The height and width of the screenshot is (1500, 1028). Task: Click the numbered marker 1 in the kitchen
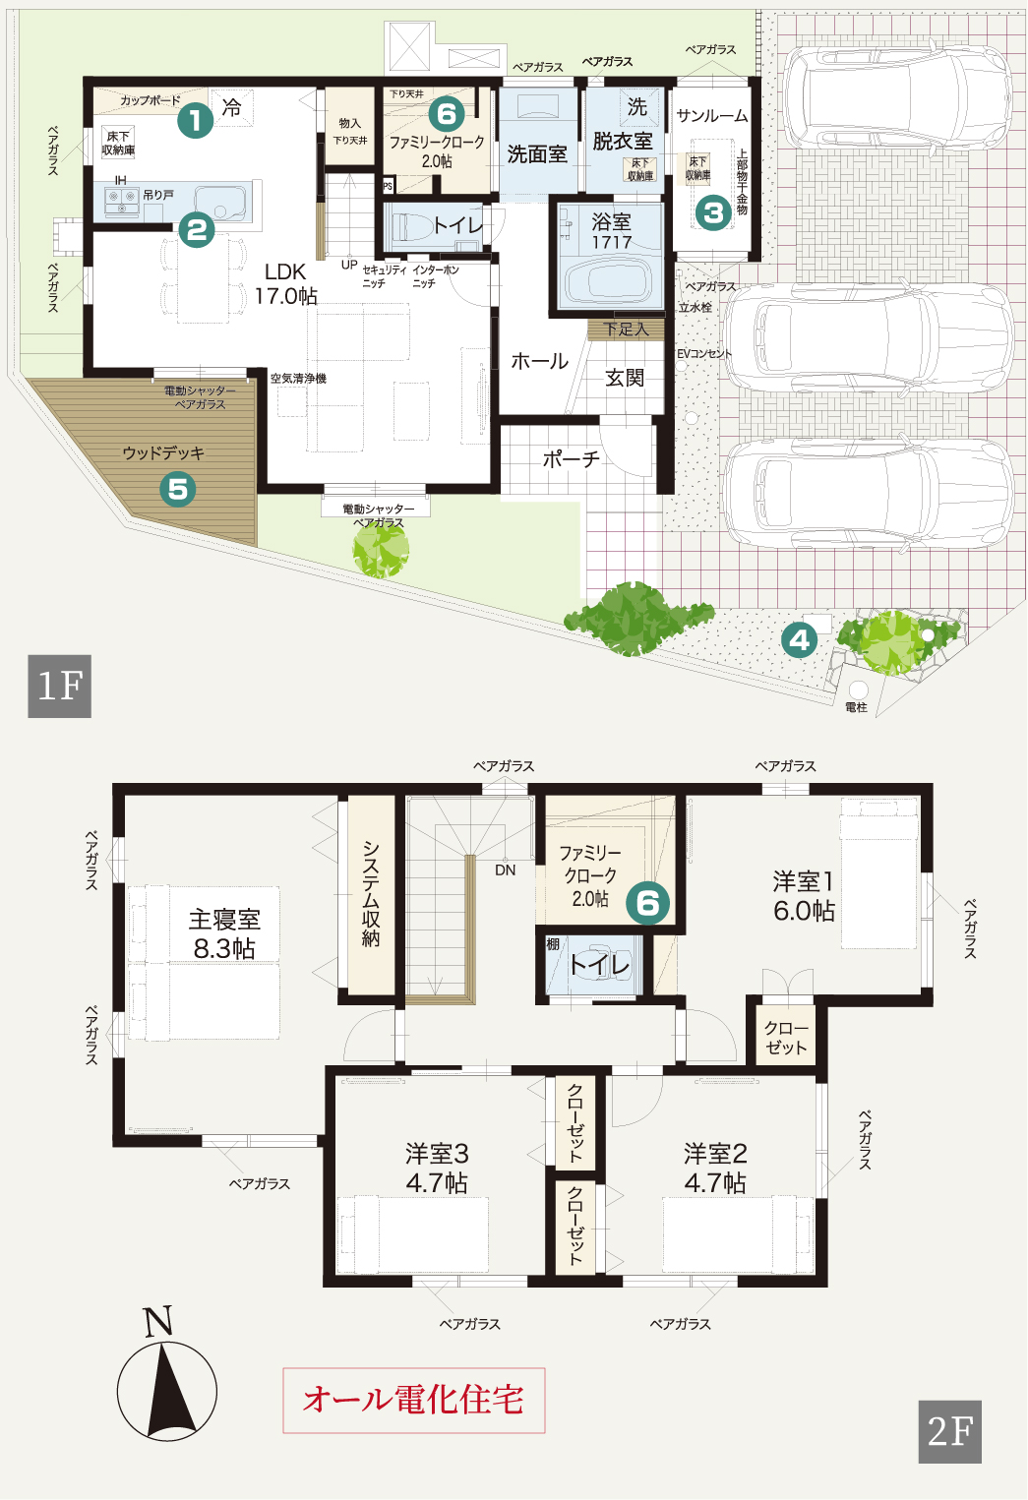tap(195, 121)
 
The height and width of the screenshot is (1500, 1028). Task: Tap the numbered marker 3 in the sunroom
tap(713, 212)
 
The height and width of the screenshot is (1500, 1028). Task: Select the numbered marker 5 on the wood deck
tap(178, 490)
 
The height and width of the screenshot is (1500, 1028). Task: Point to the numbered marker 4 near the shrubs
tap(800, 640)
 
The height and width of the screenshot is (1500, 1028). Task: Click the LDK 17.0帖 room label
tap(286, 283)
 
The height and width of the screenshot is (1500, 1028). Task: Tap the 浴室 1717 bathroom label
tap(612, 231)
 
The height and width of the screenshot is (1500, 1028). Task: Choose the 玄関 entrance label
tap(625, 378)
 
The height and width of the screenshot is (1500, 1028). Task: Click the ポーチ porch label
tap(571, 459)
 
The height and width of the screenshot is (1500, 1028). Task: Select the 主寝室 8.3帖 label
tap(223, 933)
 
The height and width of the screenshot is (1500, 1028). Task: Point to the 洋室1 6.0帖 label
tap(804, 896)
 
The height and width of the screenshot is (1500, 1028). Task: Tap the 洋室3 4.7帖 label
tap(437, 1168)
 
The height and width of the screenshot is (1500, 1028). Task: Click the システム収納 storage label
tap(370, 893)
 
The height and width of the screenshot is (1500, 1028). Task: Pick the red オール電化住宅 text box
tap(414, 1401)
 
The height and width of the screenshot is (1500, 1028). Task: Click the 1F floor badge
tap(60, 687)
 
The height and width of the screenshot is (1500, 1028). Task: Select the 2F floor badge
tap(949, 1432)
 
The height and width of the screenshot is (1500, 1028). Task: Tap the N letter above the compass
tap(158, 1321)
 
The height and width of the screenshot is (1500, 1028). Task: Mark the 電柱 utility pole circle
tap(858, 690)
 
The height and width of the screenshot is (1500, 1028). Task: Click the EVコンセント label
tap(704, 353)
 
